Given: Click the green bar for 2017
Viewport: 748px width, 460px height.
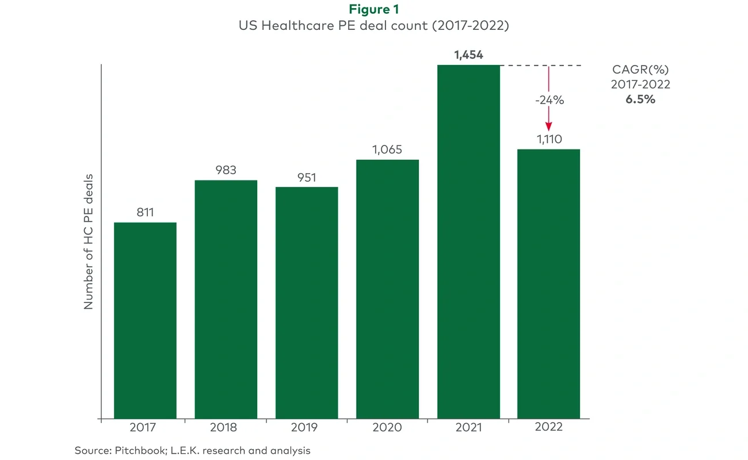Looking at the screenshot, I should tap(145, 320).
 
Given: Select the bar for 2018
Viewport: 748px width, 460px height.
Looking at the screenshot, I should tap(226, 299).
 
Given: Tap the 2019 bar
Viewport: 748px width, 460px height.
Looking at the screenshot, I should tap(307, 302).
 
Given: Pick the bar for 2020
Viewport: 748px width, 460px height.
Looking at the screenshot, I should tap(387, 289).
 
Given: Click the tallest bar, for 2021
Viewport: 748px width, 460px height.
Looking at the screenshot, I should tap(468, 241).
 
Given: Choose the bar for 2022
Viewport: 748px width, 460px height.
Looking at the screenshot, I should tap(548, 283).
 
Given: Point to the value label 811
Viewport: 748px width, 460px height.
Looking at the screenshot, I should tap(145, 213).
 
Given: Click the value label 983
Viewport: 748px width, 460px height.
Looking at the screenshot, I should tap(226, 170).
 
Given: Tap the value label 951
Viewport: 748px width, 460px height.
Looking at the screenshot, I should tap(307, 178).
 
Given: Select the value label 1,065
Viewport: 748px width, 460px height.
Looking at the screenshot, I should tap(387, 149).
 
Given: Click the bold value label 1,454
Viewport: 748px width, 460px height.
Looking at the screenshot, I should tap(468, 55).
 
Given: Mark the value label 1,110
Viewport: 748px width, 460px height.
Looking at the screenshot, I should tap(548, 139).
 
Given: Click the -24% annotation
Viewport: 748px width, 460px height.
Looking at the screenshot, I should tap(548, 100).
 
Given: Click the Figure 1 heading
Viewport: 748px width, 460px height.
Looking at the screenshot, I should tap(374, 10).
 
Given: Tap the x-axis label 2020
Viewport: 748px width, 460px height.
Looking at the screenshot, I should tap(387, 427).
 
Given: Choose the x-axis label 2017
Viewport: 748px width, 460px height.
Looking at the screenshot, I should tap(145, 427).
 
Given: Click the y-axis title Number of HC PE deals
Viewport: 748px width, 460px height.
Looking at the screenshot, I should tap(89, 241).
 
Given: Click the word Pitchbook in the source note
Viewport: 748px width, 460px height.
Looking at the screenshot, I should tap(132, 450).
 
